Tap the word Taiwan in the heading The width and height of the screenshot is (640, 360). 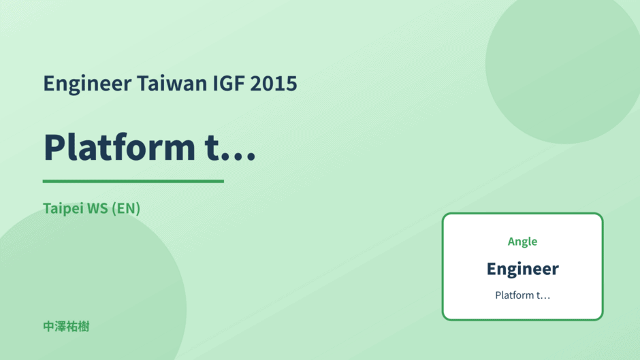(x=172, y=83)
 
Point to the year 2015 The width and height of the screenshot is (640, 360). (x=274, y=83)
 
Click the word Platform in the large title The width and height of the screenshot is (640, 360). (x=120, y=146)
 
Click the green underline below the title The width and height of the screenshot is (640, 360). (x=133, y=181)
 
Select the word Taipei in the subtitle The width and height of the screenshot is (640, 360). (x=63, y=209)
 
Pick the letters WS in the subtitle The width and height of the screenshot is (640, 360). (x=97, y=208)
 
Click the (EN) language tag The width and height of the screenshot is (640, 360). (x=126, y=208)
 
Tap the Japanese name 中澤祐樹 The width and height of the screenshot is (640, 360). (x=66, y=327)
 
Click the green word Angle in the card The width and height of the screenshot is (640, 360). (x=522, y=242)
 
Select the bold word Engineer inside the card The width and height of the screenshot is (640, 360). (x=522, y=269)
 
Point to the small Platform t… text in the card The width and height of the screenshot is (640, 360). (x=522, y=295)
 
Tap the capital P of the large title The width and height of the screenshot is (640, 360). (x=55, y=147)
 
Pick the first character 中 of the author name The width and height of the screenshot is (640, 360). (x=48, y=327)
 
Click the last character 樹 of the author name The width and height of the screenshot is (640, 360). (x=84, y=327)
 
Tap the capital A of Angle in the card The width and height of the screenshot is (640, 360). (x=512, y=241)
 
